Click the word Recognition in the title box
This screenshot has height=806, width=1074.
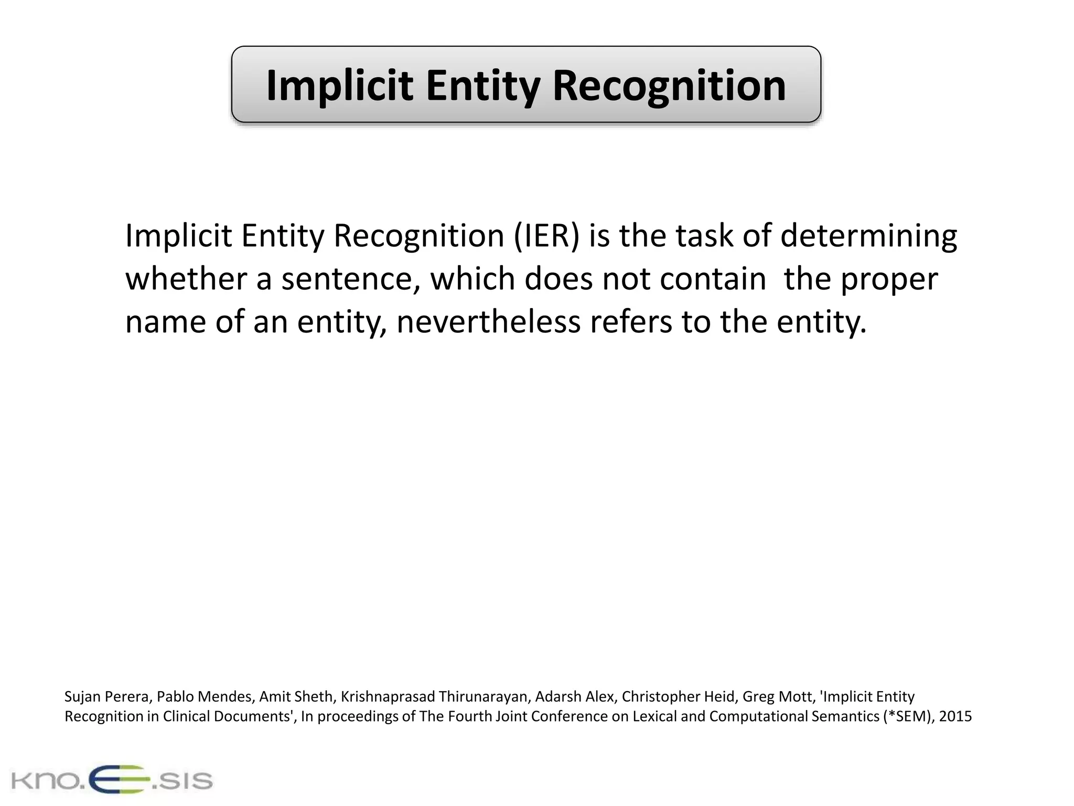[x=669, y=86]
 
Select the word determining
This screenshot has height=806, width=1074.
[x=868, y=236]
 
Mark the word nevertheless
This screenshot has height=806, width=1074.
[x=488, y=322]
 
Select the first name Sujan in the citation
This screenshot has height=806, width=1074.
[x=82, y=697]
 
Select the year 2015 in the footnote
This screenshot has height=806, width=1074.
[x=955, y=717]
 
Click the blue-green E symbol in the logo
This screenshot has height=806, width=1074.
[x=119, y=780]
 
